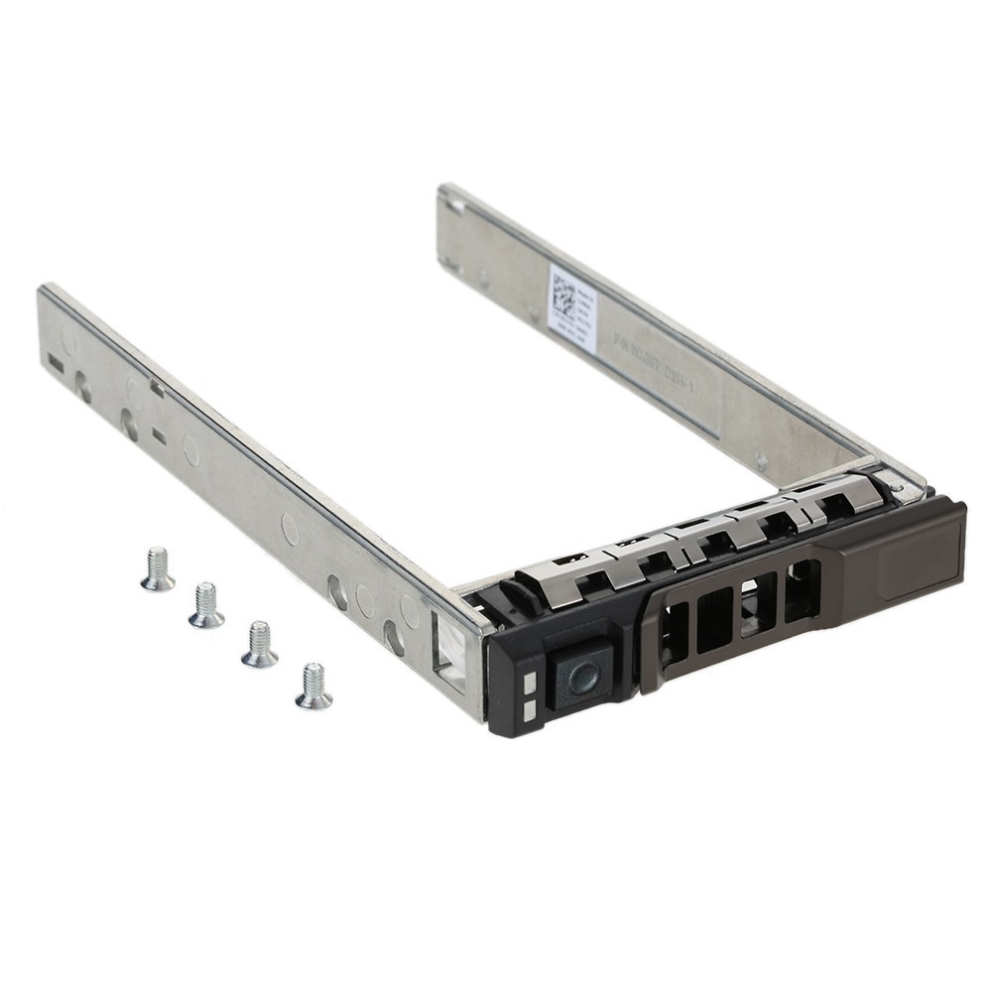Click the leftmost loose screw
tap(157, 570)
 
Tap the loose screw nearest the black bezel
tap(313, 686)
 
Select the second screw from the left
tap(205, 606)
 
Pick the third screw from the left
tap(259, 645)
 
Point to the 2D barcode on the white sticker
tap(563, 295)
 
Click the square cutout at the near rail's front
tap(448, 650)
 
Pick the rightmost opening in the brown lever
tap(802, 591)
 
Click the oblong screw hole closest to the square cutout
tap(394, 636)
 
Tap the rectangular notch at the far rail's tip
tap(455, 205)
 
